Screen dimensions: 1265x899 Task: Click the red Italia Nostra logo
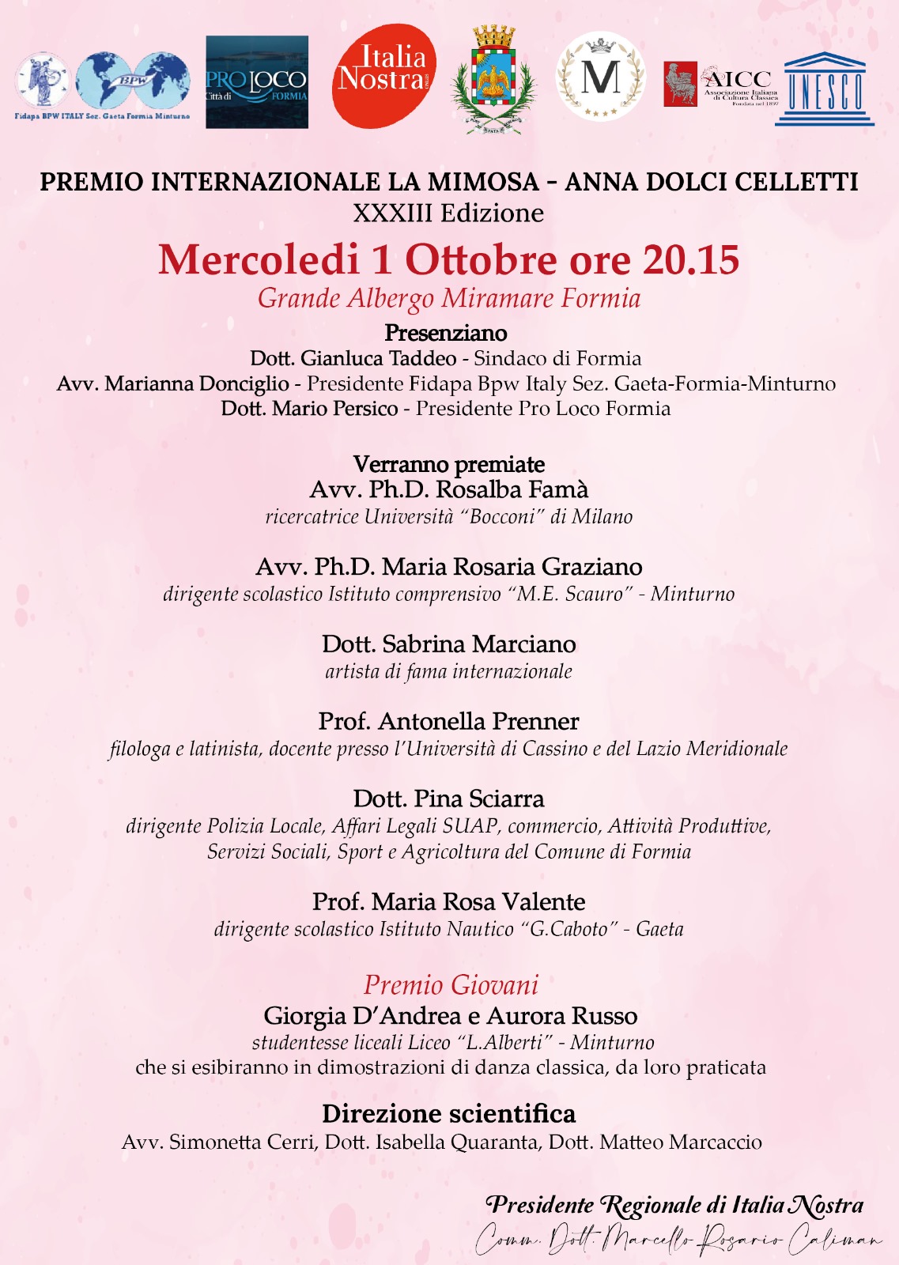tap(384, 76)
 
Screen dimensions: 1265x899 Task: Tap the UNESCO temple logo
tap(825, 89)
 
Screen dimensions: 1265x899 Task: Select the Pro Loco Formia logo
tap(256, 82)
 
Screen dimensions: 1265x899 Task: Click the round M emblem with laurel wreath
tap(601, 77)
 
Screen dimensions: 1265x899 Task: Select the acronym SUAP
tap(470, 826)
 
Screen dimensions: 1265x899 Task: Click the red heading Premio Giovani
tap(451, 985)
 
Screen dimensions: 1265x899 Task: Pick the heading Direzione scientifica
tap(449, 1114)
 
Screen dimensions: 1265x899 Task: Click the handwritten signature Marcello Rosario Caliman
tap(678, 1238)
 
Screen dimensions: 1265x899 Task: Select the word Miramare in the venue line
tap(498, 299)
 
